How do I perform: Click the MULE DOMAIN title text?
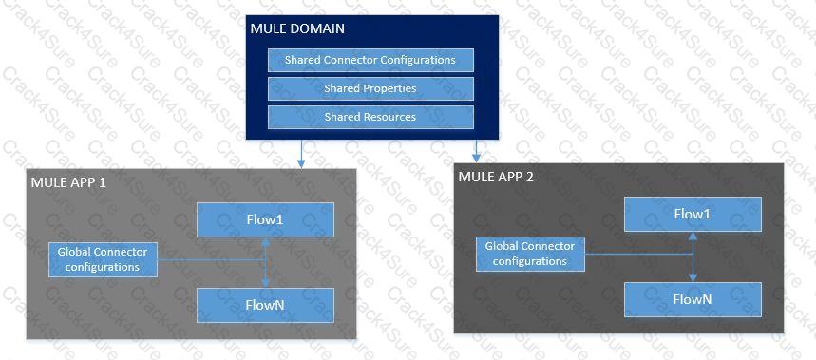(297, 28)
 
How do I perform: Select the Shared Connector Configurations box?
(370, 60)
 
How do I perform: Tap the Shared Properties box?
(370, 88)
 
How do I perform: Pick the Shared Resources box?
(370, 117)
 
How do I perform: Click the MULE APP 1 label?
(68, 181)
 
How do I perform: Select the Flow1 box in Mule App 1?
(265, 219)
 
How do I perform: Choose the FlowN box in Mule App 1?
(265, 304)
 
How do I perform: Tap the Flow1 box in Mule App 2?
(693, 214)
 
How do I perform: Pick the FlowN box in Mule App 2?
(693, 299)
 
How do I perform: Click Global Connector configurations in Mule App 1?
(103, 259)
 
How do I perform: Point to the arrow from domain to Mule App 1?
(301, 155)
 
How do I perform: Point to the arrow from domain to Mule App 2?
(477, 151)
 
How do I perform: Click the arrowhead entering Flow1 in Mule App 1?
(266, 241)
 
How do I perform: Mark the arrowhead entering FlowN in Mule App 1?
(266, 283)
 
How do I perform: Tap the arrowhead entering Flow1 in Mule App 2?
(693, 236)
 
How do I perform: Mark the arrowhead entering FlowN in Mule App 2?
(693, 277)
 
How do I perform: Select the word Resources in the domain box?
(389, 117)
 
